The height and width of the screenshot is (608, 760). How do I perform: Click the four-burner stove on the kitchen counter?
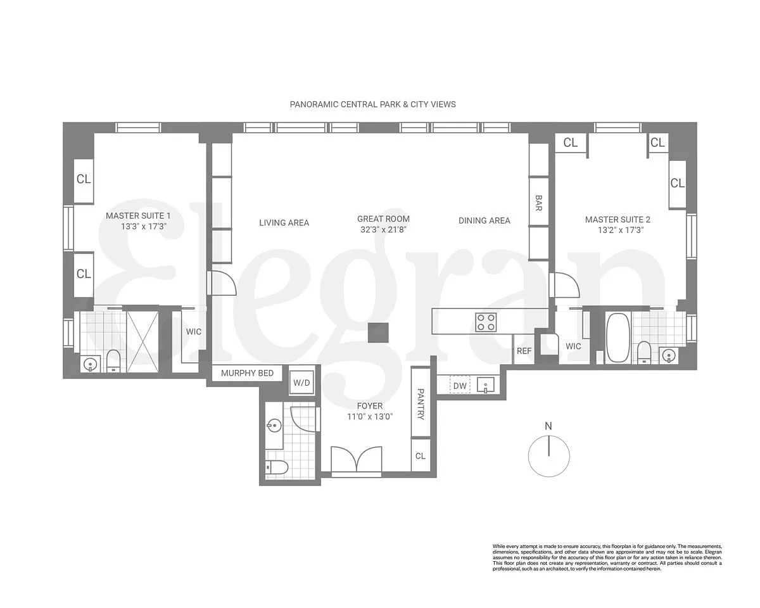486,322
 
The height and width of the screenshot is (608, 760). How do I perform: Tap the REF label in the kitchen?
524,351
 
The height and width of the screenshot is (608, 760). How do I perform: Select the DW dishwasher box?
460,386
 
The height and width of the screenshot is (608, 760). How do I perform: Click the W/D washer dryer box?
301,383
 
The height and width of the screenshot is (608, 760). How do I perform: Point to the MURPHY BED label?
247,373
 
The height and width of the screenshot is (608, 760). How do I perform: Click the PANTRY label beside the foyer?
421,404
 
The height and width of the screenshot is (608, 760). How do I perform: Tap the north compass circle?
548,456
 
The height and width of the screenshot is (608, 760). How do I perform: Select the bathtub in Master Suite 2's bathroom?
617,338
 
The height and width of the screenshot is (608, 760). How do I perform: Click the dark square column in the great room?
378,332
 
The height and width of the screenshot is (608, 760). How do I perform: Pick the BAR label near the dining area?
538,203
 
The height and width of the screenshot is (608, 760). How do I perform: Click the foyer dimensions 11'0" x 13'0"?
370,417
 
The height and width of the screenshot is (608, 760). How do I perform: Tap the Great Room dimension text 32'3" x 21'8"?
383,230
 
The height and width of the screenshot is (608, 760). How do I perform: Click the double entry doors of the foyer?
357,459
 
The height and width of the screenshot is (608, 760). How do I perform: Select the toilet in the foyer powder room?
277,469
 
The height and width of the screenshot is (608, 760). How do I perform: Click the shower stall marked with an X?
142,341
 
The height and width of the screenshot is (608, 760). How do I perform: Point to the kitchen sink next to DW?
486,384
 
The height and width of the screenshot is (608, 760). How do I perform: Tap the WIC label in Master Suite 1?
194,332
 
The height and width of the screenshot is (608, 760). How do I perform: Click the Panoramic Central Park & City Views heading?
372,104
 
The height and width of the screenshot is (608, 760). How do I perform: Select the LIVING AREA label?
284,222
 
